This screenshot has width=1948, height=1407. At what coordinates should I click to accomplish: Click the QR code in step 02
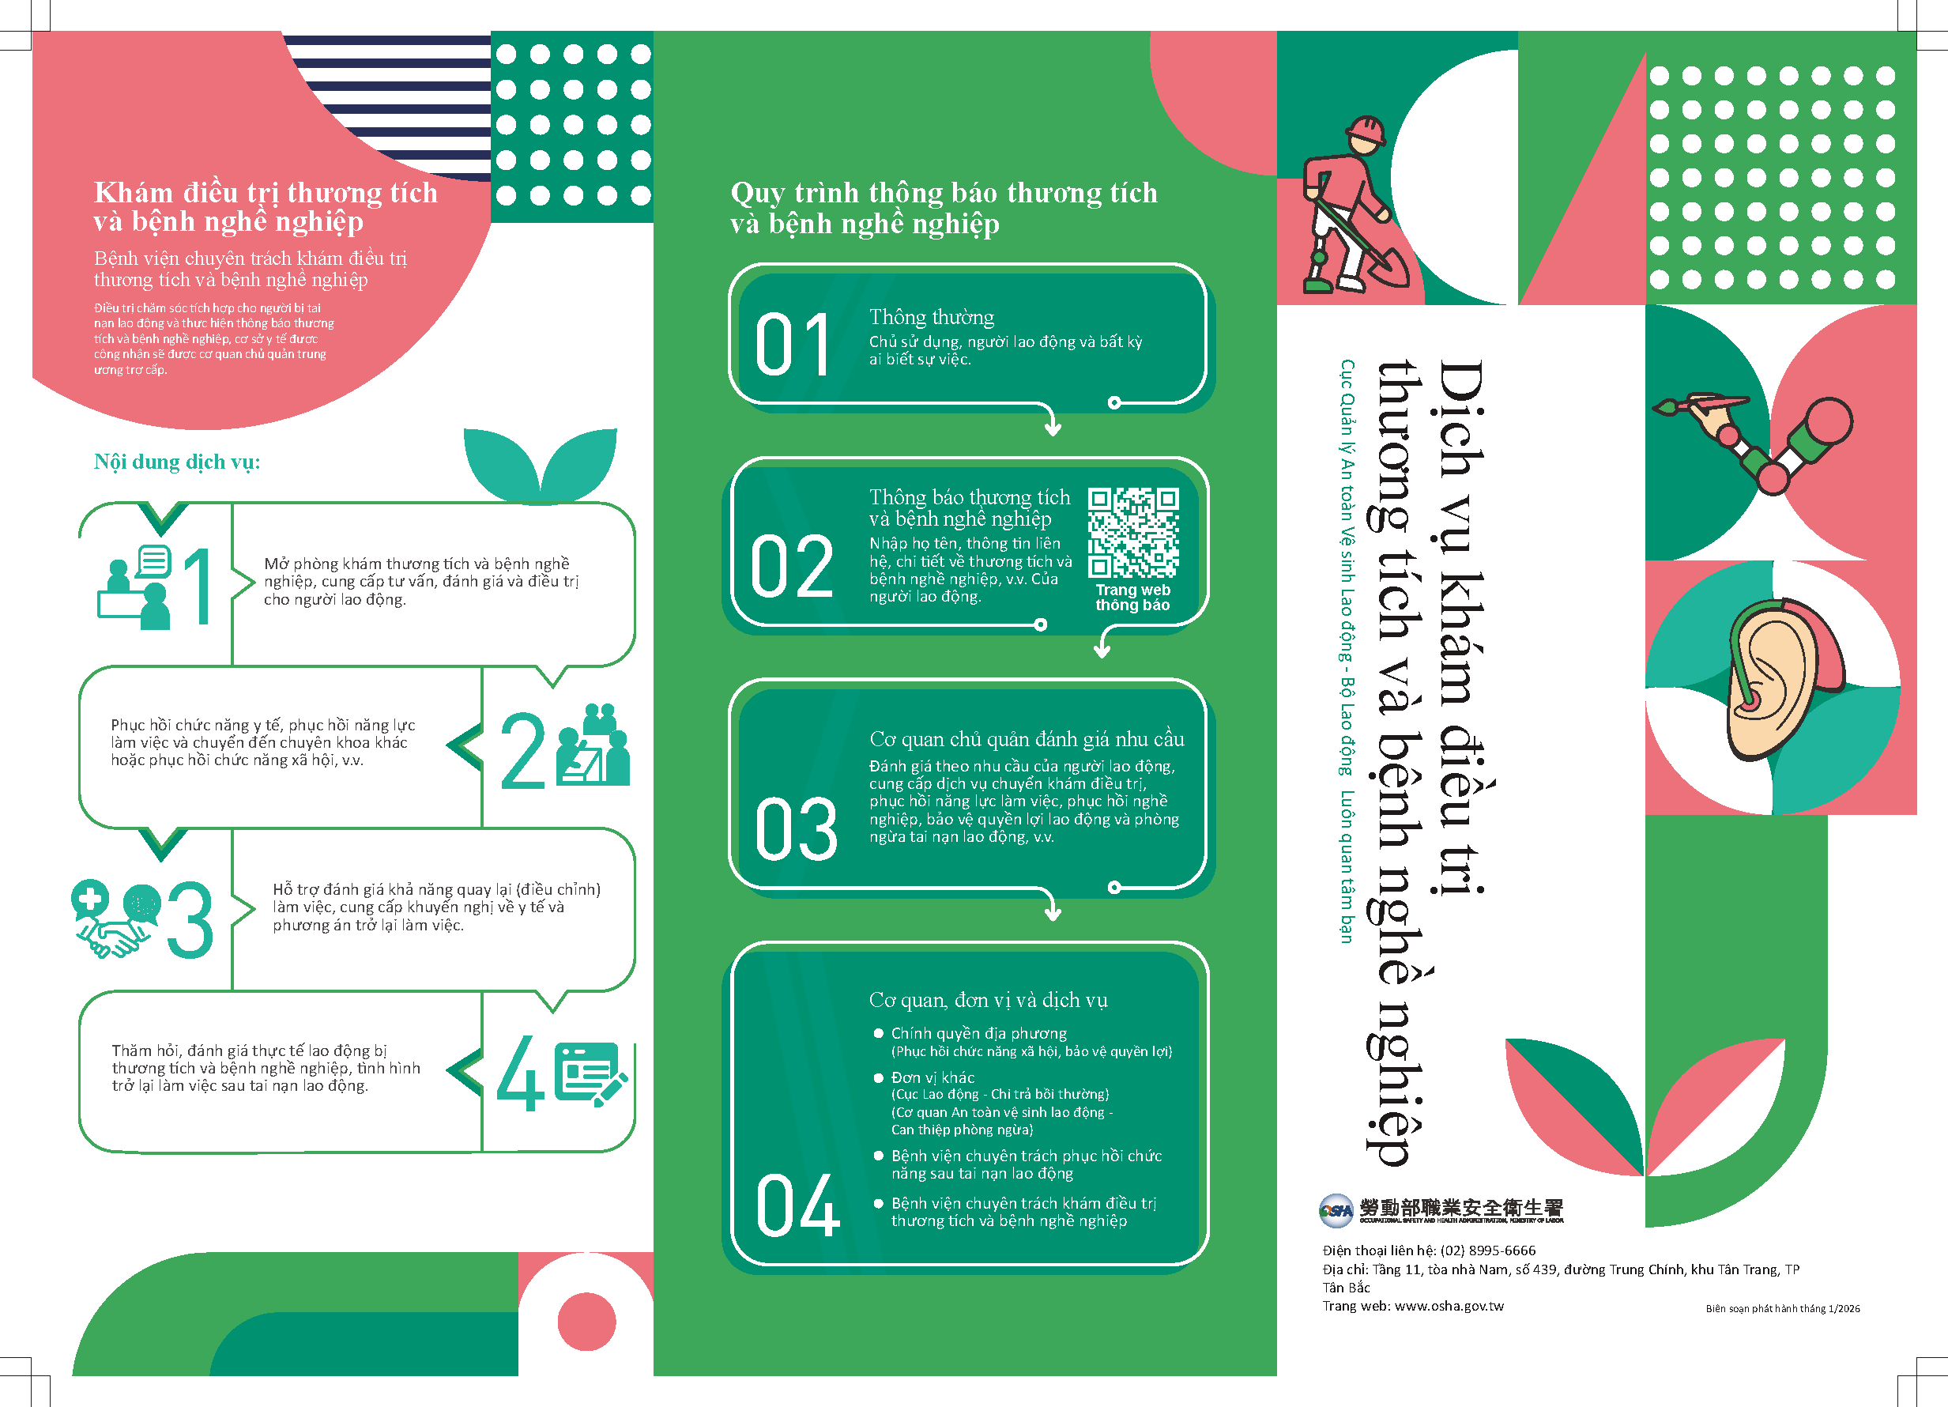pos(1133,533)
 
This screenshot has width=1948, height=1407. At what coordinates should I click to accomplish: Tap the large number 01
pos(792,345)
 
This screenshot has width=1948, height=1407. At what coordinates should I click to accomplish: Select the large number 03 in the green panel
pos(795,829)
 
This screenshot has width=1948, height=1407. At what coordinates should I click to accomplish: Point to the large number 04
pos(797,1205)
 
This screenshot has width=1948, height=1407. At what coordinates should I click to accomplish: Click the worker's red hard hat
pos(1366,130)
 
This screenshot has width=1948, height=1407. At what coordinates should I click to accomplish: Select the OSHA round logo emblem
pos(1336,1210)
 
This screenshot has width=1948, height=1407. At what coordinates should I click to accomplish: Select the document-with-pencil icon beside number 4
pos(590,1073)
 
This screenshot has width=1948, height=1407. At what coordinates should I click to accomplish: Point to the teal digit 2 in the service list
pos(522,751)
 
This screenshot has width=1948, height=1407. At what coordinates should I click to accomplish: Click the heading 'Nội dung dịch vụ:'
pos(177,462)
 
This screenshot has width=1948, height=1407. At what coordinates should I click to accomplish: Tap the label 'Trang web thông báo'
pos(1133,598)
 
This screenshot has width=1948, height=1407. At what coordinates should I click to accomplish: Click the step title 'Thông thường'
pos(931,317)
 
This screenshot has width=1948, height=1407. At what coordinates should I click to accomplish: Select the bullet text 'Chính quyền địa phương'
pos(978,1033)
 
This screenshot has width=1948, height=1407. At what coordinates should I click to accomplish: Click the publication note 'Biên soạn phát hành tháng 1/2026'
pos(1782,1309)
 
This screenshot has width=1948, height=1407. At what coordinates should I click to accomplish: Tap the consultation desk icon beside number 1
pos(135,587)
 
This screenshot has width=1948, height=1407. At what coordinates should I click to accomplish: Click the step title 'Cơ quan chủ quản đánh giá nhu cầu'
pos(1027,740)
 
